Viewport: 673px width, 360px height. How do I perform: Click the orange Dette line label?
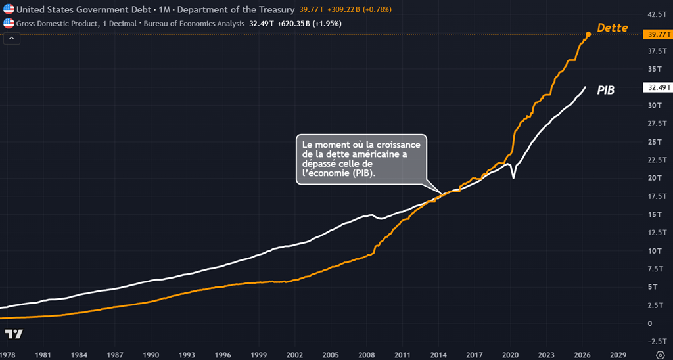(613, 28)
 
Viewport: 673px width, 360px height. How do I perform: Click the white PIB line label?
(605, 91)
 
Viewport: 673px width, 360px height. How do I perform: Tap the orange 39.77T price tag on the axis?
(657, 35)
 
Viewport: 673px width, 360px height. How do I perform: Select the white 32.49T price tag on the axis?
(657, 87)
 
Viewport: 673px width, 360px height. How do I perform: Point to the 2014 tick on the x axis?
(438, 355)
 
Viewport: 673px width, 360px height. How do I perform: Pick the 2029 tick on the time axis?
(618, 355)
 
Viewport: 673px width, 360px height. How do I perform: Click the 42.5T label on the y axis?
(657, 14)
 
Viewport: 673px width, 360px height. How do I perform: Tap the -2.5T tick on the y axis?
(656, 341)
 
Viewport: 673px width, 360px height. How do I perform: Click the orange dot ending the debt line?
(588, 34)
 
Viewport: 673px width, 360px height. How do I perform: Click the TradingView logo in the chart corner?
(14, 334)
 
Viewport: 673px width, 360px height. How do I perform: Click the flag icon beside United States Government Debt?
(9, 9)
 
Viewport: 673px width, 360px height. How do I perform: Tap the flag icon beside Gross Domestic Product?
(9, 23)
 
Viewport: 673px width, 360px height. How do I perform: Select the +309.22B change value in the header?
(344, 9)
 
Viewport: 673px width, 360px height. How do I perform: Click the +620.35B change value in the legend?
(294, 24)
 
